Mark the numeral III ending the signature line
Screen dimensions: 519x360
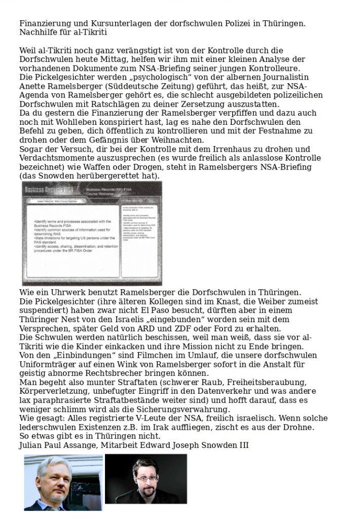tap(242, 445)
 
